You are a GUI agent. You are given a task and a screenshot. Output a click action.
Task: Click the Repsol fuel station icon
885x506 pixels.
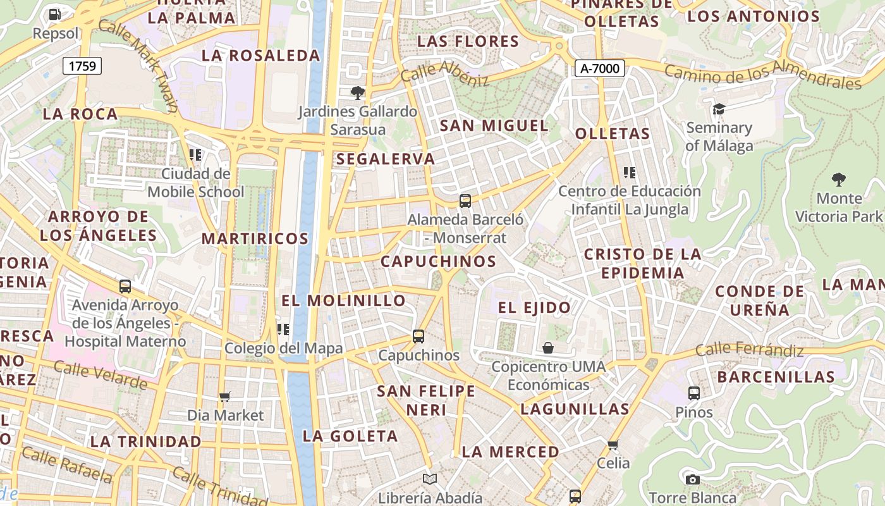pyautogui.click(x=55, y=14)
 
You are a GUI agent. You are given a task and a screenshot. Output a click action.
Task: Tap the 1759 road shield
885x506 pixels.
pyautogui.click(x=82, y=65)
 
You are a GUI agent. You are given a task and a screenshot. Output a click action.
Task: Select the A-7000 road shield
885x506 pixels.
pyautogui.click(x=599, y=68)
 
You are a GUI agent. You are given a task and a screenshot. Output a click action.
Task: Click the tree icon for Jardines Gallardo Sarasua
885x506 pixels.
pyautogui.click(x=358, y=93)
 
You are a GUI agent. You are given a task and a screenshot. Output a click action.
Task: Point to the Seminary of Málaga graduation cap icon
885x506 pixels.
pyautogui.click(x=719, y=109)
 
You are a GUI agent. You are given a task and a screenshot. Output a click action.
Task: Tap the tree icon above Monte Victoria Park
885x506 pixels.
pyautogui.click(x=839, y=180)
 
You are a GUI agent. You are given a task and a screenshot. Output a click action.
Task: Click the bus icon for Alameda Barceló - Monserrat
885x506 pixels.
pyautogui.click(x=465, y=201)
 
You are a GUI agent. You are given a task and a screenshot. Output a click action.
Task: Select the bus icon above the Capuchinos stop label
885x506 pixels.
pyautogui.click(x=418, y=336)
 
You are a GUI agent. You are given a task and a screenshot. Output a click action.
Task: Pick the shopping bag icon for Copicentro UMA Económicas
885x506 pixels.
pyautogui.click(x=548, y=348)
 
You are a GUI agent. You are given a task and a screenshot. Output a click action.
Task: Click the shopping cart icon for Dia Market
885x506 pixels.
pyautogui.click(x=225, y=397)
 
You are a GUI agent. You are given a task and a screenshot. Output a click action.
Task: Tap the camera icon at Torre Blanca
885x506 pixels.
pyautogui.click(x=692, y=479)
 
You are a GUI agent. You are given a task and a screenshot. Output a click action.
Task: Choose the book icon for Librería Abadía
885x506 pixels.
pyautogui.click(x=430, y=479)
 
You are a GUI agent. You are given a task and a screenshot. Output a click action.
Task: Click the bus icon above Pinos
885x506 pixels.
pyautogui.click(x=694, y=393)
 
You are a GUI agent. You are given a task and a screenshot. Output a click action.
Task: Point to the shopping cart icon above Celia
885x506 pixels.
pyautogui.click(x=613, y=445)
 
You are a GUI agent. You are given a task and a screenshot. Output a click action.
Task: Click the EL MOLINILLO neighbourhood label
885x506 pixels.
pyautogui.click(x=343, y=300)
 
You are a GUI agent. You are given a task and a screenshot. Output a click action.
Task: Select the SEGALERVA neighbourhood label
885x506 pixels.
pyautogui.click(x=386, y=159)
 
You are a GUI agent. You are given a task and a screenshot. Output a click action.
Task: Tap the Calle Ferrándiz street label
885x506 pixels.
pyautogui.click(x=750, y=349)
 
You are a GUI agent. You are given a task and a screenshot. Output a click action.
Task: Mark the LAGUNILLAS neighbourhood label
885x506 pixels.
pyautogui.click(x=575, y=409)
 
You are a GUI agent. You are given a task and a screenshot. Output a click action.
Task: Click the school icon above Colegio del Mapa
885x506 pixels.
pyautogui.click(x=283, y=330)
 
